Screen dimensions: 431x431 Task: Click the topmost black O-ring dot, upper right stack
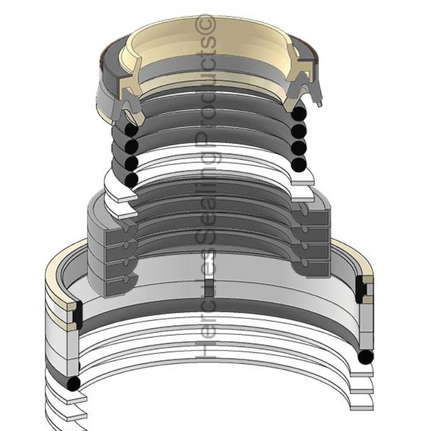300,111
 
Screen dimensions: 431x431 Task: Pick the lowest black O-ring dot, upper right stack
299,165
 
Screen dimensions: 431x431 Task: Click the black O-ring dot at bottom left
73,383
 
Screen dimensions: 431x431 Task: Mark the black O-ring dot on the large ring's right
366,355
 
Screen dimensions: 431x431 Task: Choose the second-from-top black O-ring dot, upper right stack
300,129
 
